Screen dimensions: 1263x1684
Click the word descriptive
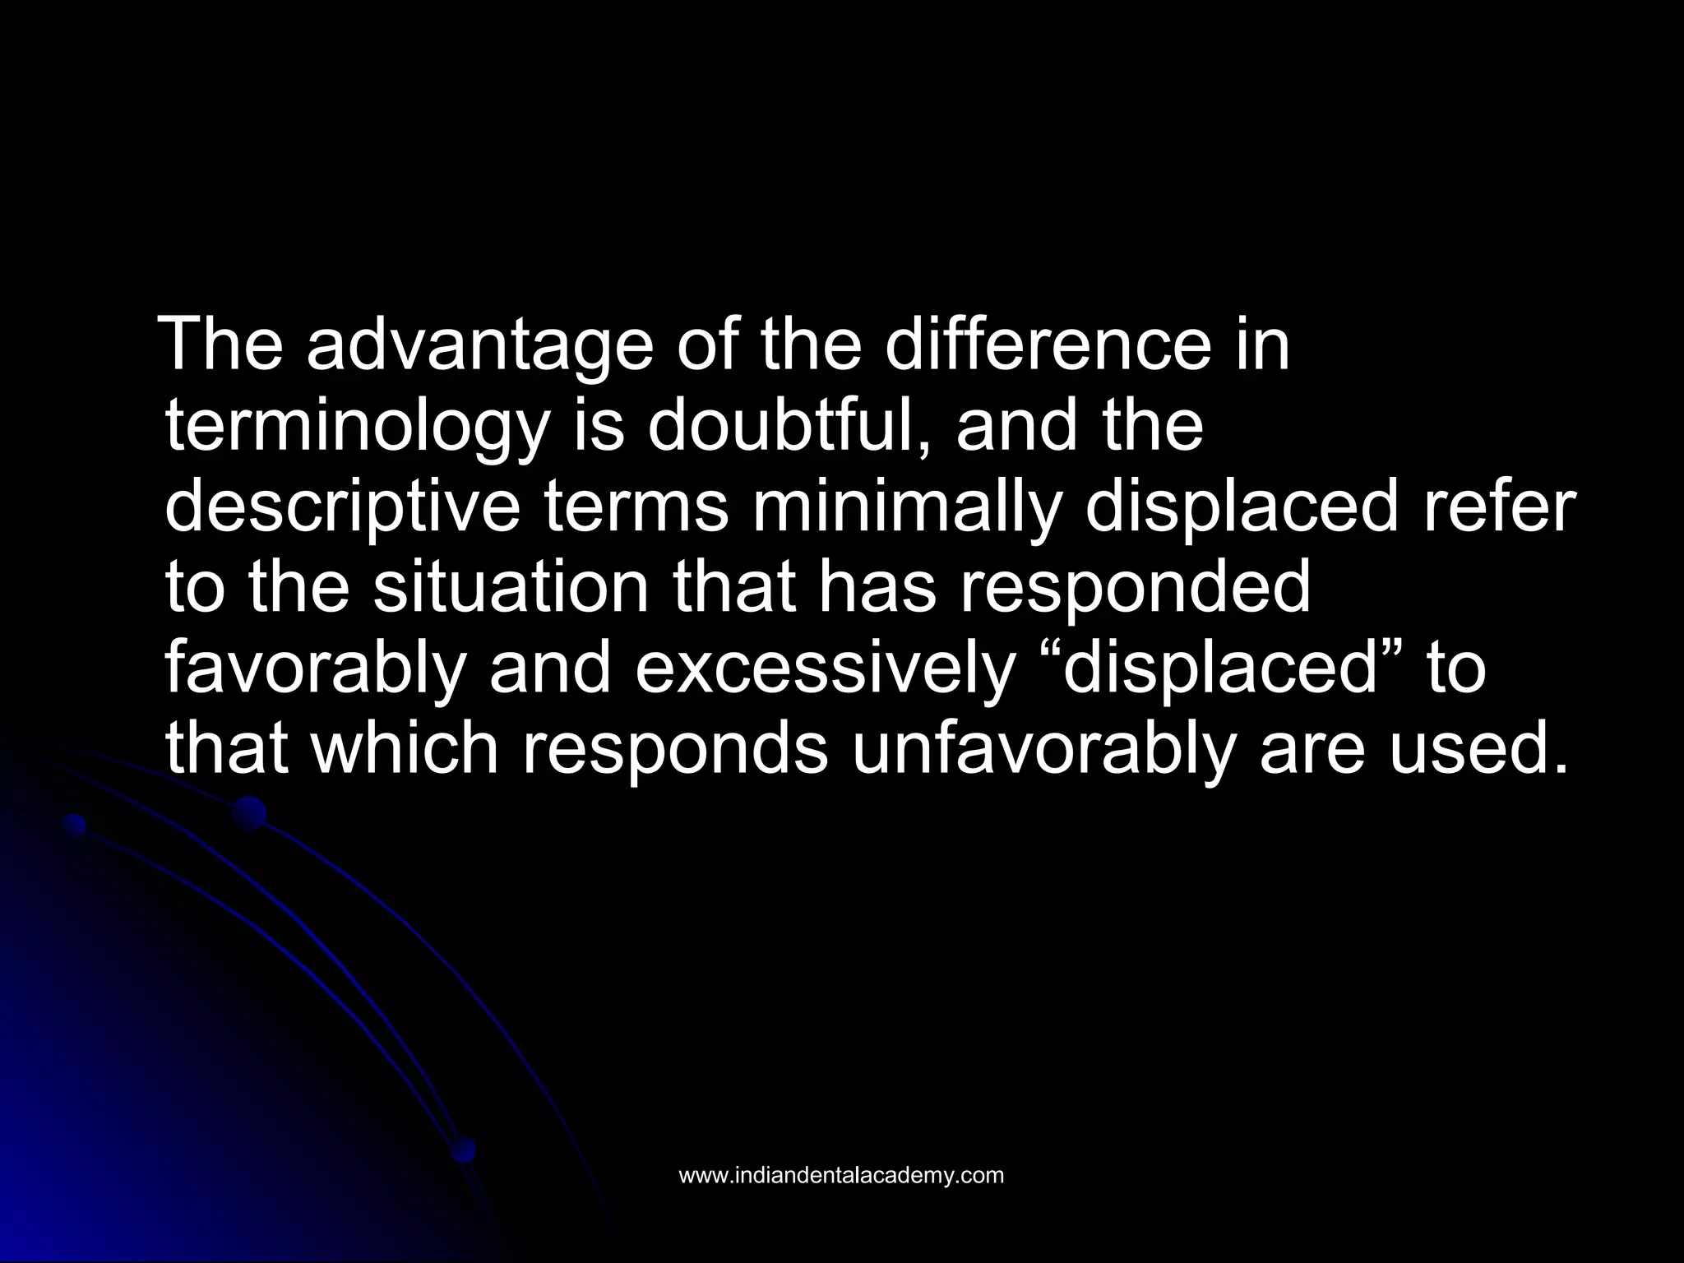[343, 509]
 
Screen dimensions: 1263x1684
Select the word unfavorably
[1043, 749]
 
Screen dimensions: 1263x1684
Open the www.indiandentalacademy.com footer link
[841, 1175]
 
